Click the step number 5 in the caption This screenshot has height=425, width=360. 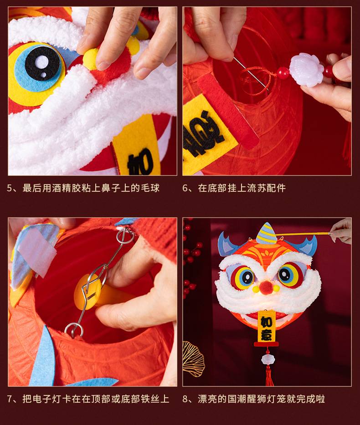coord(10,188)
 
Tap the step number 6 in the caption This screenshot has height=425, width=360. coord(185,188)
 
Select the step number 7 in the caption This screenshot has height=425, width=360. coord(10,399)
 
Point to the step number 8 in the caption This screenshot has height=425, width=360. coord(185,399)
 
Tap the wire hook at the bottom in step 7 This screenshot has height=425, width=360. coord(74,330)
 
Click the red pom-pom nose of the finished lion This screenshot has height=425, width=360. coord(267,286)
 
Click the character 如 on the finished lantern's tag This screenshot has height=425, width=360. coord(266,322)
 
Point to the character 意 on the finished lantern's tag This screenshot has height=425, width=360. coord(267,335)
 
